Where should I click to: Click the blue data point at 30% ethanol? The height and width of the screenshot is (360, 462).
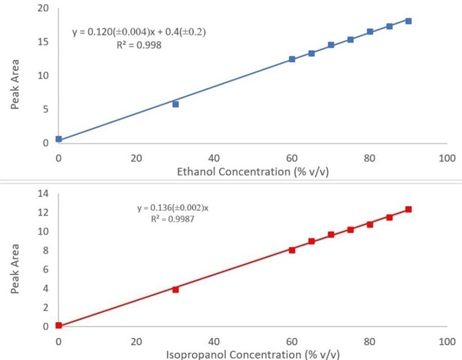[x=176, y=104]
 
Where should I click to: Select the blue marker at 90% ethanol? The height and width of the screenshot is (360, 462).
[x=408, y=21]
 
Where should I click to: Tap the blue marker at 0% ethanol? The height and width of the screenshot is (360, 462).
[x=59, y=139]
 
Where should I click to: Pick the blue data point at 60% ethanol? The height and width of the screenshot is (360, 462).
[x=292, y=59]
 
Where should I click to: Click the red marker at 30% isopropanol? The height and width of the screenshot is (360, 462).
[x=176, y=289]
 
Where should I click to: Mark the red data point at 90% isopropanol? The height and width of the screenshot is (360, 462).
[x=408, y=210]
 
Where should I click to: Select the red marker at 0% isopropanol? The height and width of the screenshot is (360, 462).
[x=59, y=326]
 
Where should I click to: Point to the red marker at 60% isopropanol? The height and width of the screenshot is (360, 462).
[x=292, y=250]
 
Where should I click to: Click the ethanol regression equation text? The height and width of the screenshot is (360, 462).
[x=139, y=32]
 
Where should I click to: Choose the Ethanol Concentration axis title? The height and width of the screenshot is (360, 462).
[x=253, y=171]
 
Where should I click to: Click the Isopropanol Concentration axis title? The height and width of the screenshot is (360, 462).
[x=253, y=355]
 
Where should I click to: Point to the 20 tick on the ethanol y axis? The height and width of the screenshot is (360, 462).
[x=43, y=8]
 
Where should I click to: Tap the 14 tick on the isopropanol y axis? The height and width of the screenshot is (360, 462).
[x=43, y=194]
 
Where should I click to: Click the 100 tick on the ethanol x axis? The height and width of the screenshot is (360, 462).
[x=447, y=158]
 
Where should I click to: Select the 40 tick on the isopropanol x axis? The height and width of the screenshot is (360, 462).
[x=214, y=341]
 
